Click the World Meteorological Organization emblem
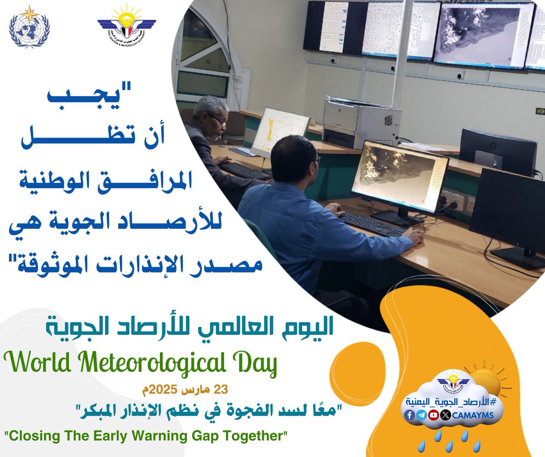pyautogui.click(x=30, y=26)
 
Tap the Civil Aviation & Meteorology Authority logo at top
pyautogui.click(x=127, y=26)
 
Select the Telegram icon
pyautogui.click(x=421, y=415)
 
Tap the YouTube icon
pyautogui.click(x=434, y=415)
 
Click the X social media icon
pyautogui.click(x=446, y=415)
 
